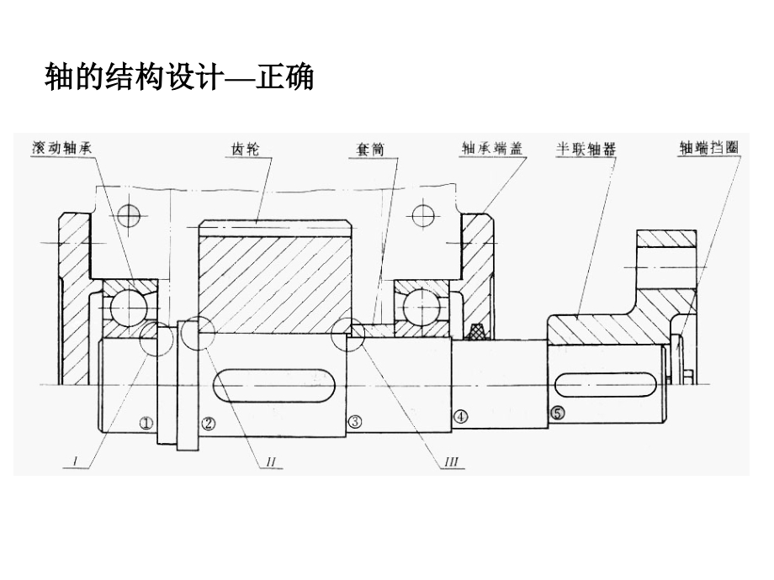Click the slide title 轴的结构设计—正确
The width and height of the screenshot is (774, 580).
tap(178, 78)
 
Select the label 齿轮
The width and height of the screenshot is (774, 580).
tap(246, 149)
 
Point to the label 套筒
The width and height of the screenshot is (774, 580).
tap(368, 149)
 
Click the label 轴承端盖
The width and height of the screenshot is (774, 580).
tap(491, 148)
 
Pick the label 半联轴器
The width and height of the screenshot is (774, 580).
tap(585, 148)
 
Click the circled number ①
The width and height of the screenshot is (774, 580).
tap(146, 424)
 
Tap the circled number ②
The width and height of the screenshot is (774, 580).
tap(209, 424)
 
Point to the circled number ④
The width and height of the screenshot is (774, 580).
tap(459, 415)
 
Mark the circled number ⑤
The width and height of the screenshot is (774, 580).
tap(557, 413)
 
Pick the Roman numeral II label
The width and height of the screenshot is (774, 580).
tap(271, 461)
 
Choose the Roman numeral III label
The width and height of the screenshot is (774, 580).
tap(451, 461)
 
